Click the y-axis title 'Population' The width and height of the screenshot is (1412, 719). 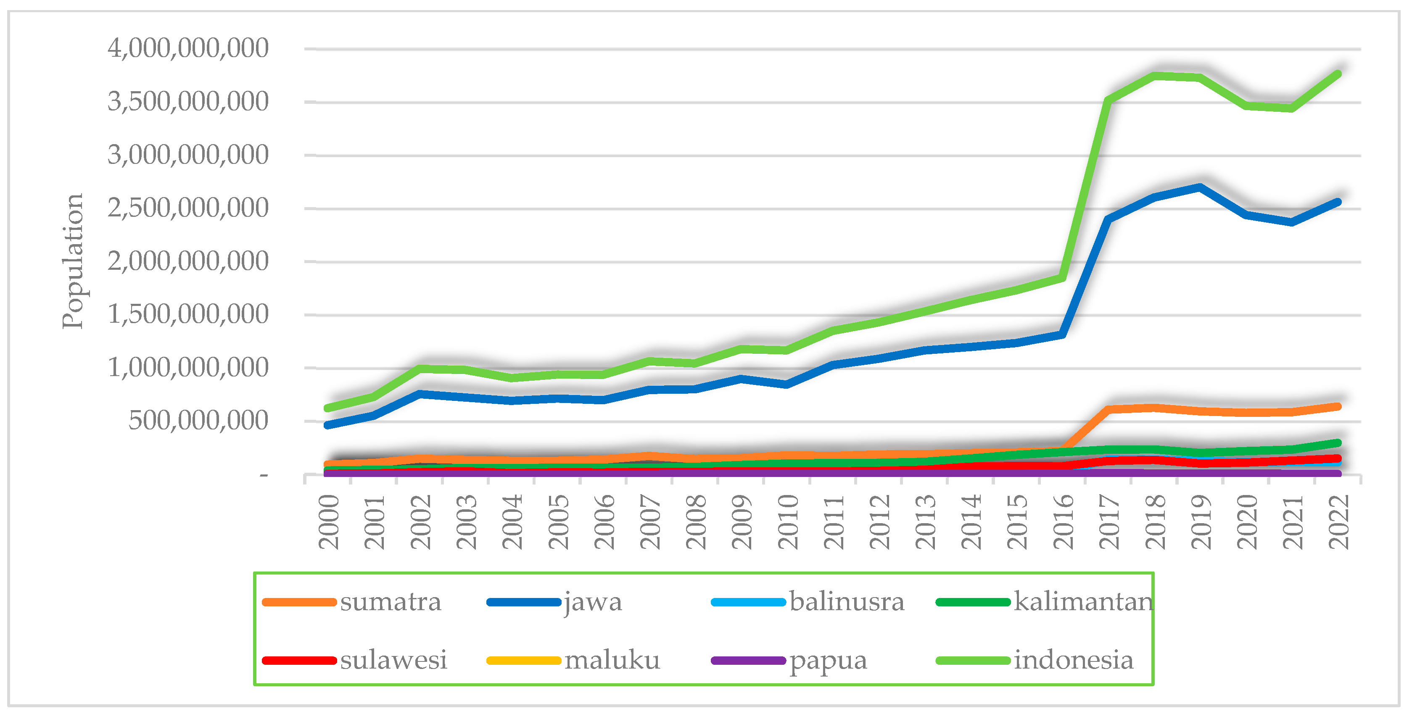(72, 261)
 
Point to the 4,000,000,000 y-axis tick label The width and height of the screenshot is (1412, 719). (188, 48)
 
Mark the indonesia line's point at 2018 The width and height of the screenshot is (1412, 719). (1155, 76)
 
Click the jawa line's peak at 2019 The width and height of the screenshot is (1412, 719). (1201, 187)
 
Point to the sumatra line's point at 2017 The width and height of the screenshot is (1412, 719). (1109, 409)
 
